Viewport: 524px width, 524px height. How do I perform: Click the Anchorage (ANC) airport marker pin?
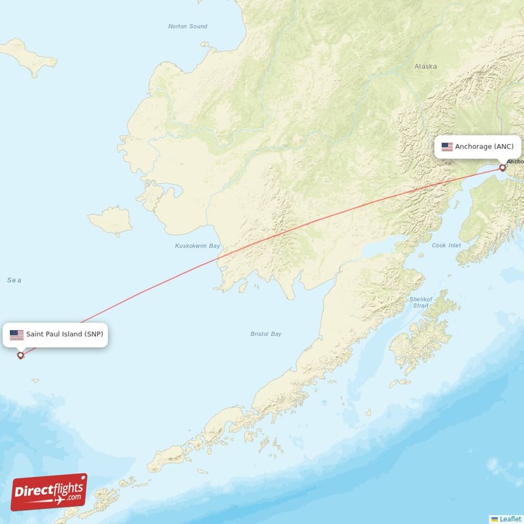[x=502, y=168]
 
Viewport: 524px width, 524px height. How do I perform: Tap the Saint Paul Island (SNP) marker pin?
[x=20, y=355]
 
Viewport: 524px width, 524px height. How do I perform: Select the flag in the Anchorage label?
[x=447, y=147]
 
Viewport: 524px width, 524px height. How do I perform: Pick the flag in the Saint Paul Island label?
[x=16, y=335]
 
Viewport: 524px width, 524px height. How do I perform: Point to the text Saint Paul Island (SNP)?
[x=64, y=334]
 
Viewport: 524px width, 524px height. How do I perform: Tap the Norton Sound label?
[x=187, y=26]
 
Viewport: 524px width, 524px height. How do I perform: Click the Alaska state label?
[x=425, y=66]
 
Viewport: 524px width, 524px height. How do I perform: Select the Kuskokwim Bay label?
[x=197, y=246]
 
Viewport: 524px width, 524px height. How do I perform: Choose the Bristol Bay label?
[x=266, y=334]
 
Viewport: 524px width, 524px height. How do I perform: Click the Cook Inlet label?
[x=446, y=246]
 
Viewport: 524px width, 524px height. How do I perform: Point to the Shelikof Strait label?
[x=419, y=302]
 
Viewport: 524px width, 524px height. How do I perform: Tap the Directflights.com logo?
[x=49, y=492]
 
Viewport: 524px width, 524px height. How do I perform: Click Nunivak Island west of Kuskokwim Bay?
[x=109, y=221]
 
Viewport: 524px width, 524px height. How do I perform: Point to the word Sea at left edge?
[x=14, y=280]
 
